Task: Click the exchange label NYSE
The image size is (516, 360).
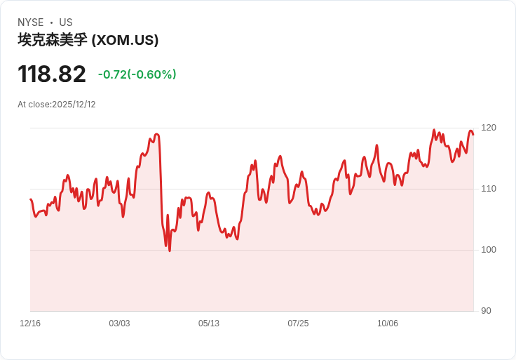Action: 31,22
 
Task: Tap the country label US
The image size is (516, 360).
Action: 66,22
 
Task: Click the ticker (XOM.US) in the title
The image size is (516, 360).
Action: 125,40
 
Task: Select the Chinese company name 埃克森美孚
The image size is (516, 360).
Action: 53,40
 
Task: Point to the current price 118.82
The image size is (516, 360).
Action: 52,74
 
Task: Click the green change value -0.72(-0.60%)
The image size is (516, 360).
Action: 137,74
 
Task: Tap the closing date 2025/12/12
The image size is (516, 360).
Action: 74,105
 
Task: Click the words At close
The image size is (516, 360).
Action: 34,105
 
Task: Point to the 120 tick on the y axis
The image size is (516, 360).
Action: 489,128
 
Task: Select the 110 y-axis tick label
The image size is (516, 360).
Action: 489,189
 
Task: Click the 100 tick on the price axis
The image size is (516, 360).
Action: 489,250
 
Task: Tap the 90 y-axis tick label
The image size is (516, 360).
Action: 486,311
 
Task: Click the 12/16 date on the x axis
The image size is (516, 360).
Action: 30,324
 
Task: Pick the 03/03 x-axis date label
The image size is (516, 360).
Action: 119,324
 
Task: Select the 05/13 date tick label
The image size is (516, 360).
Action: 209,324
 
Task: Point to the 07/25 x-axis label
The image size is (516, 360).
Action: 298,324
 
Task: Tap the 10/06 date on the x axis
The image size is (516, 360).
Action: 387,324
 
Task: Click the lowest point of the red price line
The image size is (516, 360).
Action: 170,251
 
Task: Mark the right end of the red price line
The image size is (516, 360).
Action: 473,134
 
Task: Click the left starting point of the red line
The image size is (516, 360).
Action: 30,199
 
